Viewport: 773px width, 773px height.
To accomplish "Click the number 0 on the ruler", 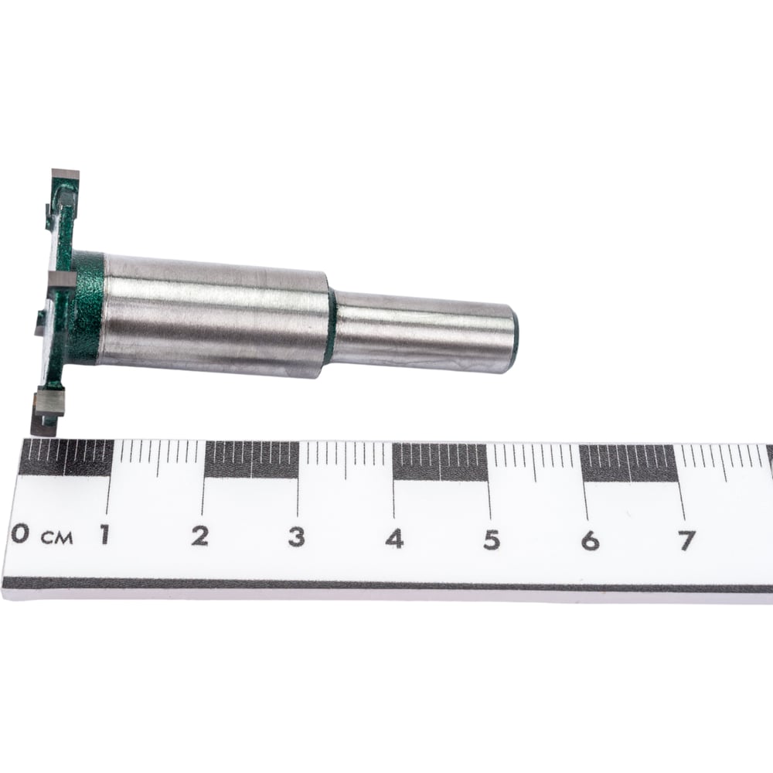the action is [x=20, y=533].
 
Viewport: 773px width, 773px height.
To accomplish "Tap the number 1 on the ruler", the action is [x=104, y=534].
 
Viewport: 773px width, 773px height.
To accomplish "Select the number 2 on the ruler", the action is [x=199, y=536].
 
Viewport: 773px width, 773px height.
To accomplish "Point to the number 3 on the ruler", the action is [x=296, y=537].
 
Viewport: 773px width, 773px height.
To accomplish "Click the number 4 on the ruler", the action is [x=394, y=539].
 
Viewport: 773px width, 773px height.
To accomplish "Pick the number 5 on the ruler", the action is [x=492, y=540].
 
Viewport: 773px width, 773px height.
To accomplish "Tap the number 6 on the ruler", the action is [x=590, y=541].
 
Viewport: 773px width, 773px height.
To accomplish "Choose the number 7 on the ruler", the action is [x=686, y=541].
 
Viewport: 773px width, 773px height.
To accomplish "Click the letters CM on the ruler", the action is [x=56, y=538].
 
